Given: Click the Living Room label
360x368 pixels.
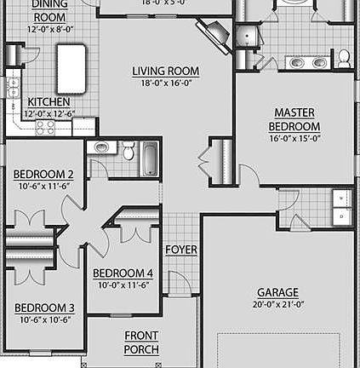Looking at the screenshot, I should (166, 72).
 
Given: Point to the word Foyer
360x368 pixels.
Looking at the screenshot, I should (181, 250).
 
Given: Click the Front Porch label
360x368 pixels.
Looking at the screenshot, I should (141, 342).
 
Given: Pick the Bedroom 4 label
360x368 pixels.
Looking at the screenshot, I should (123, 273).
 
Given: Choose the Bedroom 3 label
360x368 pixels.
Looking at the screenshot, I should (43, 308).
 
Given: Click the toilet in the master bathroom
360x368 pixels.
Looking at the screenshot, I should (344, 58).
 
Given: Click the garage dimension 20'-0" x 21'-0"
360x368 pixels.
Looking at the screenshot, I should (278, 304).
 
